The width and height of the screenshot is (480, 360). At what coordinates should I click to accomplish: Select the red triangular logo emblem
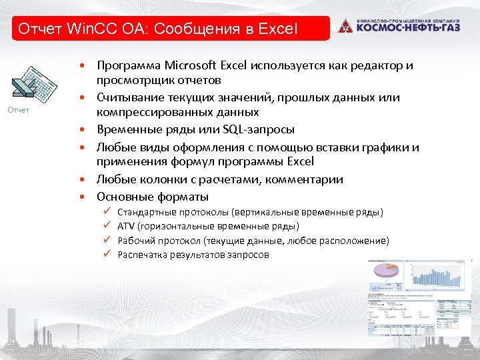pyautogui.click(x=345, y=27)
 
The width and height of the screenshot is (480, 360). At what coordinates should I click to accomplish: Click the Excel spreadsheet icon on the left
pyautogui.click(x=26, y=85)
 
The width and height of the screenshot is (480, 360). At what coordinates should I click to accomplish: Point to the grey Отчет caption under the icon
pyautogui.click(x=19, y=110)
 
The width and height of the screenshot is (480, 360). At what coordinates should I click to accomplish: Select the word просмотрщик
pyautogui.click(x=137, y=81)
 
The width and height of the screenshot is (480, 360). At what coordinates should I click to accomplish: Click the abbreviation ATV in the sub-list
pyautogui.click(x=125, y=227)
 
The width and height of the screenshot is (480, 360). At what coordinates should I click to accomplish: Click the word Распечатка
pyautogui.click(x=141, y=255)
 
